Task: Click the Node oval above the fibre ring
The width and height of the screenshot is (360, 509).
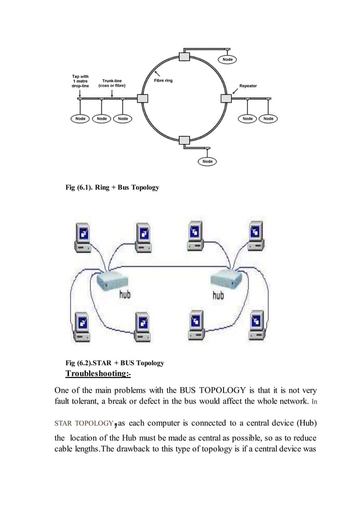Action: point(227,59)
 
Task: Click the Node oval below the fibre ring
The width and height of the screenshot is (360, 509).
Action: point(208,162)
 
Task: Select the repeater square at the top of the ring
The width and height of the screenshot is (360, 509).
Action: point(184,56)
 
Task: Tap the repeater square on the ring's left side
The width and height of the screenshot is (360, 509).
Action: point(142,99)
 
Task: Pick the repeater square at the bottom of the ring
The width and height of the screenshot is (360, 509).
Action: point(184,141)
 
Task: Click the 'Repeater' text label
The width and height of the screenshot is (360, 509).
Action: point(248,86)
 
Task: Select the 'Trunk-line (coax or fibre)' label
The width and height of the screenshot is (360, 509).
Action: point(112,84)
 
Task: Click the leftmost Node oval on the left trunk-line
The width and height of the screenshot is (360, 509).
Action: point(80,119)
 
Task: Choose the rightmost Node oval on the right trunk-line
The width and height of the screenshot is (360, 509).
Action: point(269,119)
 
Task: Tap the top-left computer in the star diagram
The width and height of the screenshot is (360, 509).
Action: point(81,238)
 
